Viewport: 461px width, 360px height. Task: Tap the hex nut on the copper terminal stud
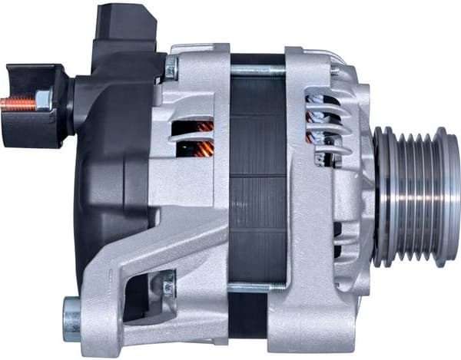(x=43, y=101)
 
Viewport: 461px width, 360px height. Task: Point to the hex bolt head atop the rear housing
(x=171, y=68)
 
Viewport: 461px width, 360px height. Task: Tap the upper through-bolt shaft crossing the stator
(x=257, y=71)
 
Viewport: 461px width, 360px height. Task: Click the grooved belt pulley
(x=415, y=198)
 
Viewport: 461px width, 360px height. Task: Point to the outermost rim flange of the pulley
(x=448, y=198)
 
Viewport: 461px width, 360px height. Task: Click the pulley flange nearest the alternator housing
(x=382, y=198)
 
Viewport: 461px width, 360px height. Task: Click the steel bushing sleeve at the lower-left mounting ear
(x=71, y=319)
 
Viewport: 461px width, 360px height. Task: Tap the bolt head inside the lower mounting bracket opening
(x=168, y=287)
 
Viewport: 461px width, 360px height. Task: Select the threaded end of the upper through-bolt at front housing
(x=335, y=70)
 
